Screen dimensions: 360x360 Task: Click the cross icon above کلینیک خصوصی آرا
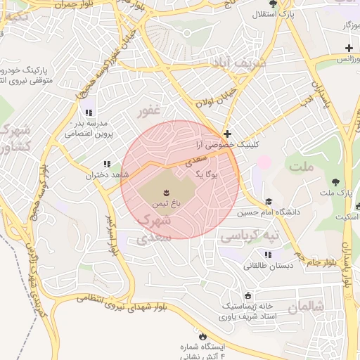[226, 134]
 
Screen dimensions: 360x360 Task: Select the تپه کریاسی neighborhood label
[250, 236]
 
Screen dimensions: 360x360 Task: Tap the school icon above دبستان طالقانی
[267, 255]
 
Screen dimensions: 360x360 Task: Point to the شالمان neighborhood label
[308, 307]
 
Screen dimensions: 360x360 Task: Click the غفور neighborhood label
[150, 111]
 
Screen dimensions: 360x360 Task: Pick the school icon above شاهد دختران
[107, 164]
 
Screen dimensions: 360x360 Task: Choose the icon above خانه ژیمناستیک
[247, 295]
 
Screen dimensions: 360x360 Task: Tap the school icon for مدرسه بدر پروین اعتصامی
[88, 112]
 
